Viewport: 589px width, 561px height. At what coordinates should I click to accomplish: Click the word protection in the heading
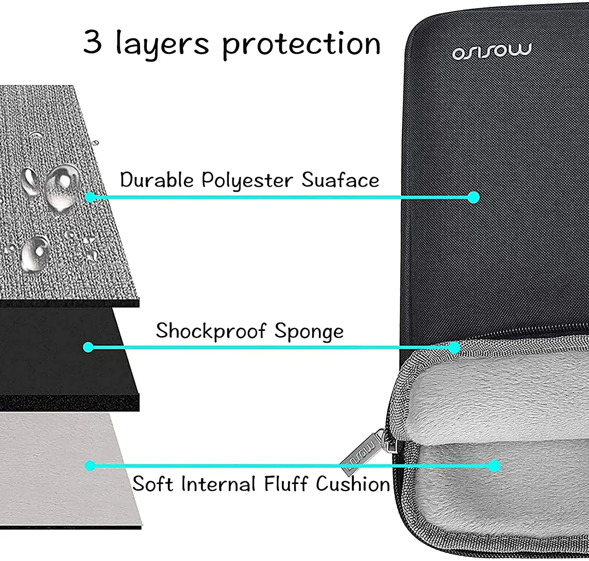(302, 44)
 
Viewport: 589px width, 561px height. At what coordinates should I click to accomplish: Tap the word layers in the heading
(162, 44)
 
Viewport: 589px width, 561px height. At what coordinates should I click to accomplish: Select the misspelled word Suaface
(340, 180)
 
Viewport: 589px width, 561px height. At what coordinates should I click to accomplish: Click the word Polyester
(247, 181)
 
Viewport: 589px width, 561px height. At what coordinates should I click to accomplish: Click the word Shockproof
(211, 331)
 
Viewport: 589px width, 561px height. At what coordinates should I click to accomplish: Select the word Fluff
(285, 483)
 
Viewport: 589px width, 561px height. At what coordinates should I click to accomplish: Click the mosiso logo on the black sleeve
(492, 51)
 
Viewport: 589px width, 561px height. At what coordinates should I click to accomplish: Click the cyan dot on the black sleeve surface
(474, 197)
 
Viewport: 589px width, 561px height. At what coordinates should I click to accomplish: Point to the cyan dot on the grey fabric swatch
(90, 197)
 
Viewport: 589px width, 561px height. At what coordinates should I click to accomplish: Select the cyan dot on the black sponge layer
(88, 347)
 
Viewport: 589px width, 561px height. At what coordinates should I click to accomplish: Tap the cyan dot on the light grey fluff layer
(90, 466)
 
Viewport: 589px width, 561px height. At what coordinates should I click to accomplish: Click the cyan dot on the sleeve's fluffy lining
(495, 466)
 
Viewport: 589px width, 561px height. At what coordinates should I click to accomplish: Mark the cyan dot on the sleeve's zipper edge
(455, 347)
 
